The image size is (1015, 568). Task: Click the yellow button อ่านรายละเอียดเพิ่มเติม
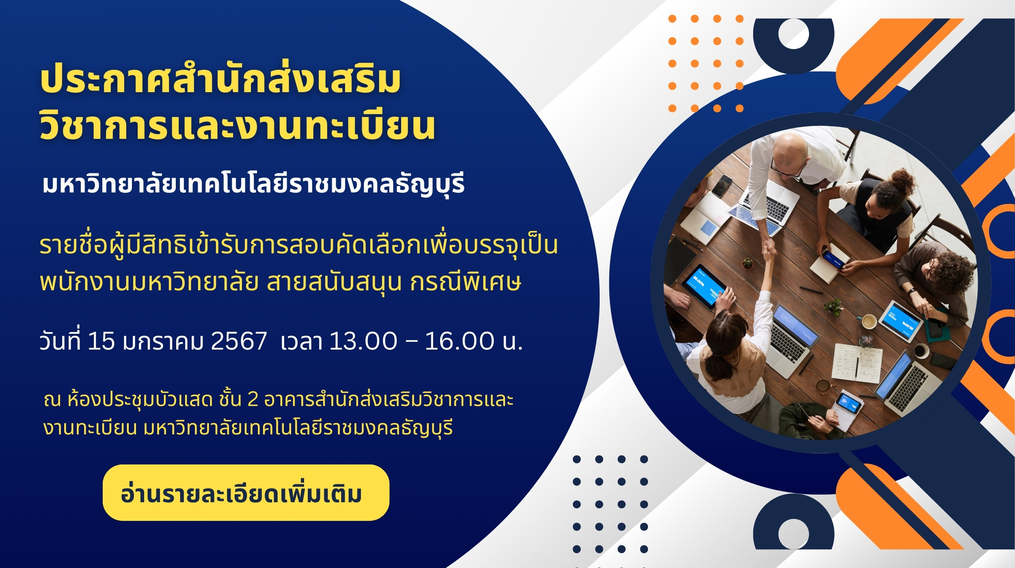[246, 493]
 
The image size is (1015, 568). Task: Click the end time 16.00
[460, 341]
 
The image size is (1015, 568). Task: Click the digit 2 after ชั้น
[253, 400]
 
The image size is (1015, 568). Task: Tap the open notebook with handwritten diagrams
[857, 363]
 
